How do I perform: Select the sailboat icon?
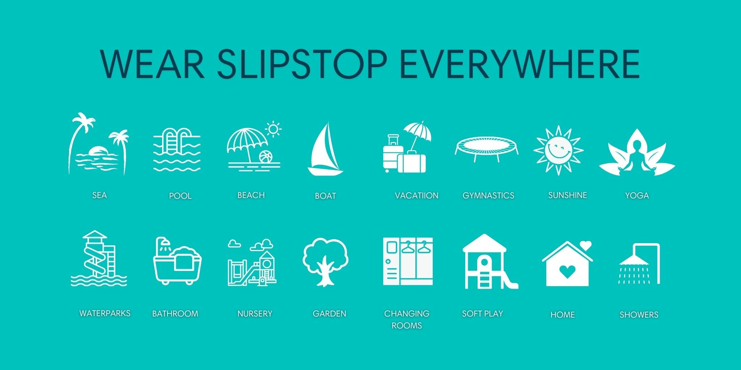pos(325,149)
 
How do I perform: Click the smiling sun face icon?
pos(558,150)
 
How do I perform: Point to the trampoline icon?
pos(487,148)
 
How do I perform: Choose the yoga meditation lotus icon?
pos(637,152)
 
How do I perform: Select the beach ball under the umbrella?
pos(266,157)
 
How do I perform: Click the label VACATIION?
pos(416,195)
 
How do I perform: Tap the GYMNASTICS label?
pos(488,195)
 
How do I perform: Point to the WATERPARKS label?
pos(105,313)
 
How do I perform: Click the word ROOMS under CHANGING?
pos(407,326)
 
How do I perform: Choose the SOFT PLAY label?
pos(482,313)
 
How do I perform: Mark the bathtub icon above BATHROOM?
pos(177,261)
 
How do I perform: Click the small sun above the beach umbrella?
pos(273,129)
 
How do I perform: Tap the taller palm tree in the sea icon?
pos(80,141)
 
